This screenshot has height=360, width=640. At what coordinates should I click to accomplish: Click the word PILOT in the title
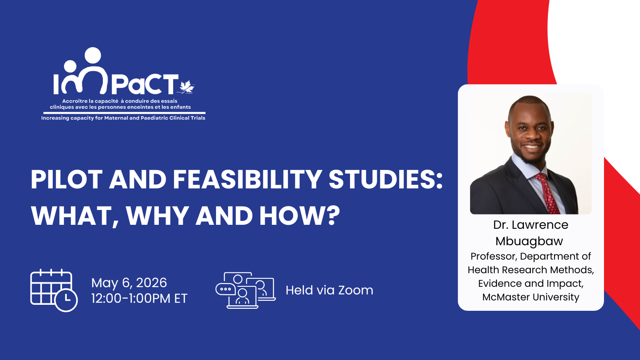click(66, 179)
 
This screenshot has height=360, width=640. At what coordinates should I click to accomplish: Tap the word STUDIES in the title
click(385, 179)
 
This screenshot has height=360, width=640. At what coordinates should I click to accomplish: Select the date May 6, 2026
click(129, 283)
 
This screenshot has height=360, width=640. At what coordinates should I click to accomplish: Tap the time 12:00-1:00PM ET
click(139, 298)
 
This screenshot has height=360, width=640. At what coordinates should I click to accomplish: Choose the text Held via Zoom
click(329, 290)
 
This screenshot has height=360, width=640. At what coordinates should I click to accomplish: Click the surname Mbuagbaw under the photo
click(529, 241)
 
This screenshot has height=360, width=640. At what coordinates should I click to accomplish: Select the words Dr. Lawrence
click(530, 225)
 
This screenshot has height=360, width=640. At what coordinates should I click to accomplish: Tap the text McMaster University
click(530, 297)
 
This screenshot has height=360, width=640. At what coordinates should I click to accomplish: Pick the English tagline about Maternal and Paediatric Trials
click(123, 118)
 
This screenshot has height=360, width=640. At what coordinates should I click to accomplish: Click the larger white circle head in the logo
click(93, 55)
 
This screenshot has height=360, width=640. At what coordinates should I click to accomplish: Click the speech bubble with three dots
click(226, 289)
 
